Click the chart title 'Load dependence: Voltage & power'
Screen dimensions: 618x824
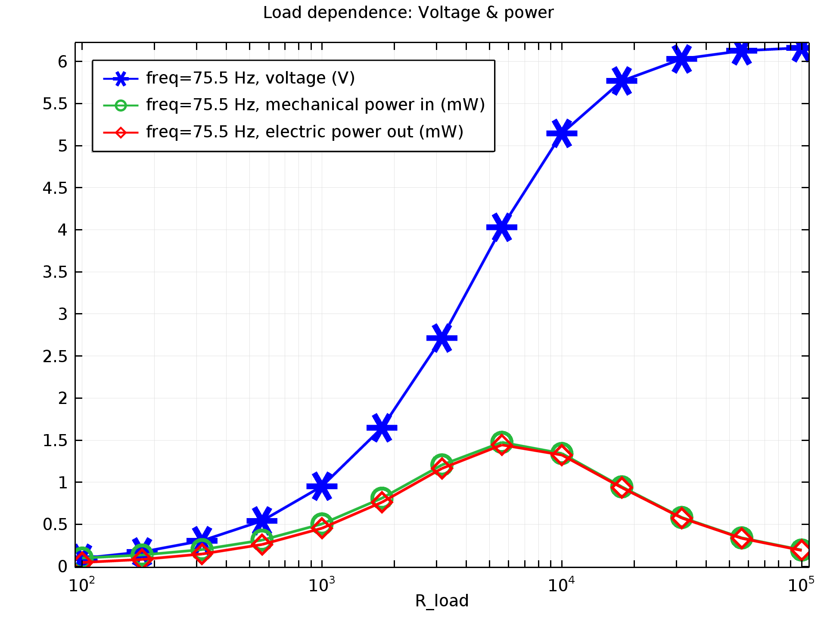click(408, 13)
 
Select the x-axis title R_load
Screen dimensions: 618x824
click(442, 601)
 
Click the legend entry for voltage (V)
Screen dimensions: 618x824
click(250, 78)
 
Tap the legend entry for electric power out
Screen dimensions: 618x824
click(305, 132)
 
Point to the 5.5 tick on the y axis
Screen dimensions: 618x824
click(55, 104)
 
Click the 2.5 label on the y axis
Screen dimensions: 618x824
click(55, 356)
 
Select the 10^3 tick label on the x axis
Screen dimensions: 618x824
click(321, 585)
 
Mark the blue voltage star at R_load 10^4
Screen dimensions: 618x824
click(562, 133)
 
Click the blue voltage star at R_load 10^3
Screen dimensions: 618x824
click(322, 486)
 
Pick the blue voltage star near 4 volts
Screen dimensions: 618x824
click(502, 227)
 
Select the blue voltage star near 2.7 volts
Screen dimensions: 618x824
click(442, 338)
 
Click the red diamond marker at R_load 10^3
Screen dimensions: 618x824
click(322, 527)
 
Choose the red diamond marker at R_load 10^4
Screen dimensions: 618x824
click(562, 455)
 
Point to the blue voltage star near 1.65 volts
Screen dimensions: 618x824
click(382, 428)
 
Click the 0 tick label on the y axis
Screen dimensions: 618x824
click(63, 567)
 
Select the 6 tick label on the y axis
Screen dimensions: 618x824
click(63, 62)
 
